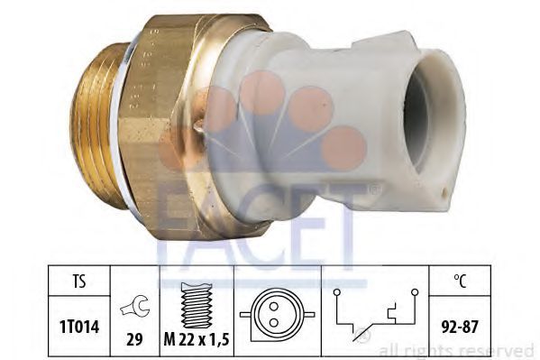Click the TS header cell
[x=78, y=281]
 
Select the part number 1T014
[x=79, y=327]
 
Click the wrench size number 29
[x=134, y=339]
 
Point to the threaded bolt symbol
[x=197, y=305]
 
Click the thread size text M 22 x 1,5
[x=197, y=339]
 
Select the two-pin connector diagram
[x=278, y=315]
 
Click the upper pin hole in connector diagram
[x=274, y=306]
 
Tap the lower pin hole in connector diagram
[x=274, y=323]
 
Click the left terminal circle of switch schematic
[x=336, y=292]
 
